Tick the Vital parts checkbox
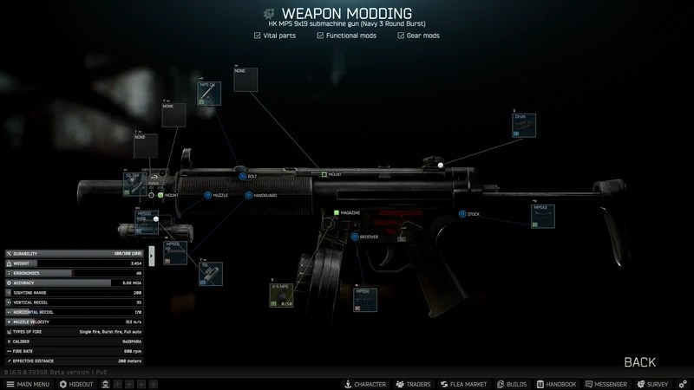257,36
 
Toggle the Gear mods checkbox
401,36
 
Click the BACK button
639,362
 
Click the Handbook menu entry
556,384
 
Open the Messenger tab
606,384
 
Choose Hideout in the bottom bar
75,384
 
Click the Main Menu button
28,384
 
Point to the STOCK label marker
462,214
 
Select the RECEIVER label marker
355,237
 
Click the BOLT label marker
243,176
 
